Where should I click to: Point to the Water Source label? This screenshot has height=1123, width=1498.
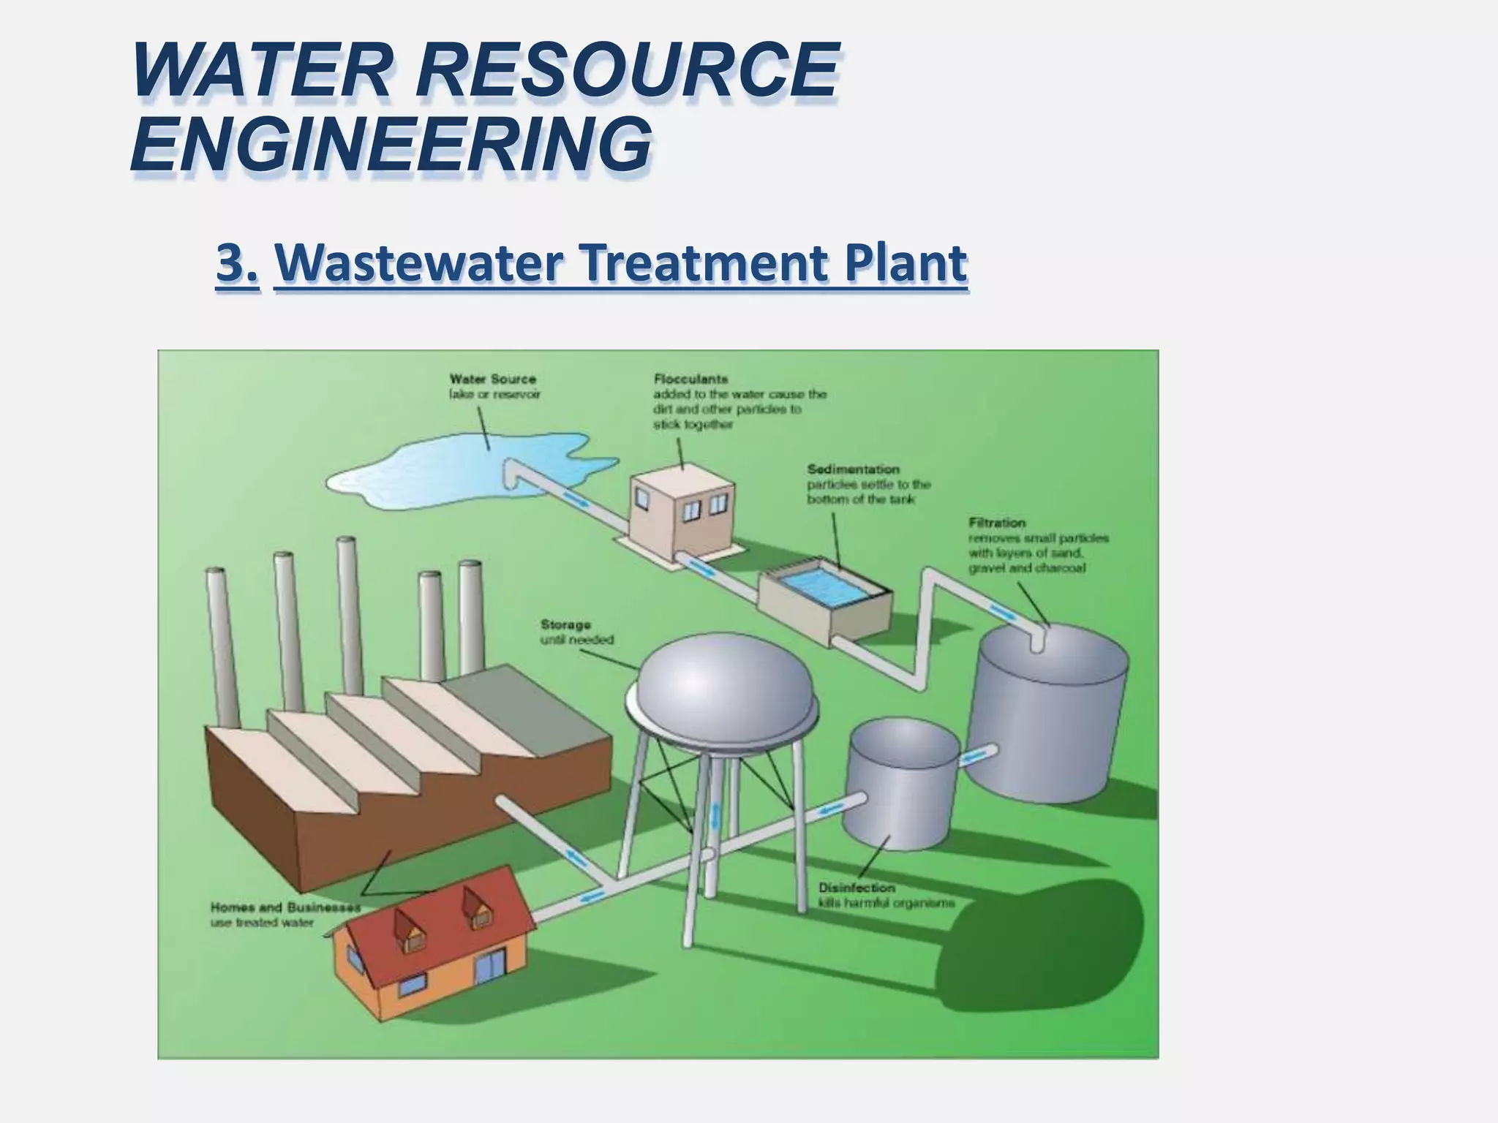492,379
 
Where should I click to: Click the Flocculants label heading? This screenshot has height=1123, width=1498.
690,379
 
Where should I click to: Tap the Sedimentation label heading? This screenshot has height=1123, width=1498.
853,469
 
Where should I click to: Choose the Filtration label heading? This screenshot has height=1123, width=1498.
997,522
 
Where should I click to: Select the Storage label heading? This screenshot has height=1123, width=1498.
565,624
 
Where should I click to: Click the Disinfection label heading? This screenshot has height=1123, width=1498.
857,888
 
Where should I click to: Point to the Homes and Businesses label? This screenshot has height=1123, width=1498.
285,907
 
